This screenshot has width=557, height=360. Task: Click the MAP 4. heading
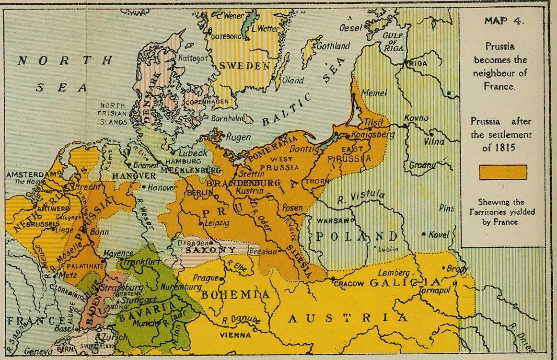(504, 21)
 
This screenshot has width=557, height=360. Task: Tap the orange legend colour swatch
(503, 172)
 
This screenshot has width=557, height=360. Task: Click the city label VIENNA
(236, 335)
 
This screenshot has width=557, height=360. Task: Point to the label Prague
(206, 278)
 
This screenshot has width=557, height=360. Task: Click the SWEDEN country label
(245, 66)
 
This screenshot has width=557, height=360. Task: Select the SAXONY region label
(210, 250)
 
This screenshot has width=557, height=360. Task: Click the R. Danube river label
(241, 320)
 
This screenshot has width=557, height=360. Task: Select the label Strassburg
(122, 288)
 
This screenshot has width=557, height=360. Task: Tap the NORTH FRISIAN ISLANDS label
(113, 114)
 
